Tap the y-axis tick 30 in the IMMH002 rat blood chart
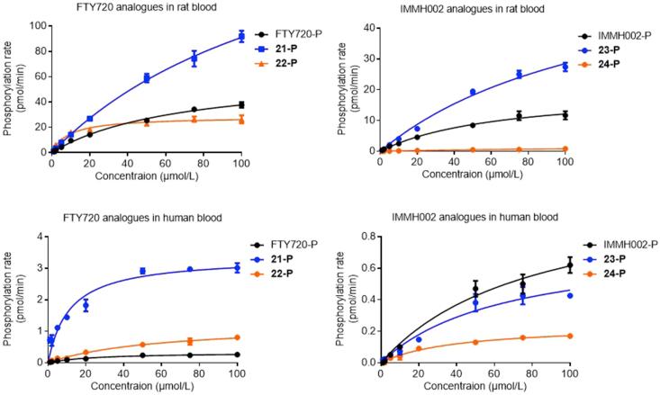366,57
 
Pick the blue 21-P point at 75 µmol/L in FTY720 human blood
189,269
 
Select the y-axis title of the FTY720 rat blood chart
9,87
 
